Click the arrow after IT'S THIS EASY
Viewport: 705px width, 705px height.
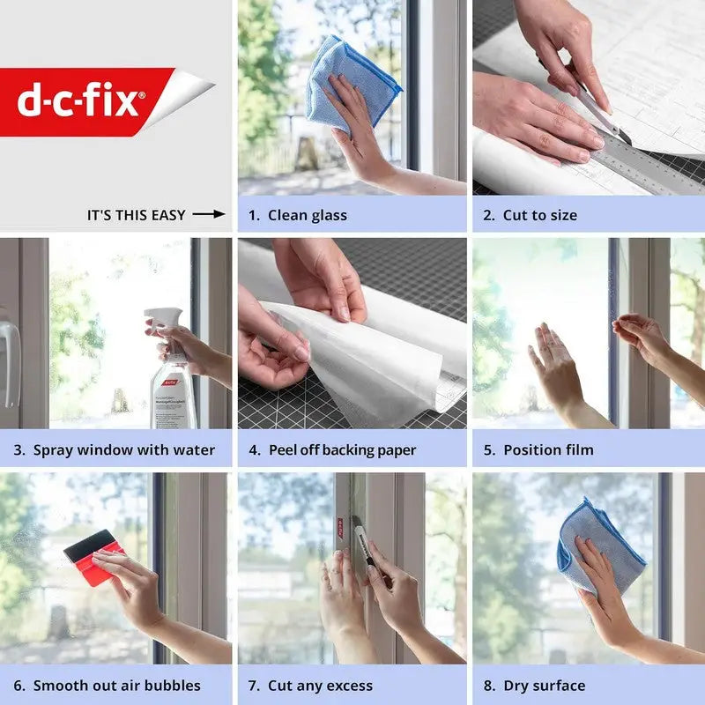tap(209, 214)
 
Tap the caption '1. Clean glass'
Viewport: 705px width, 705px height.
tap(297, 215)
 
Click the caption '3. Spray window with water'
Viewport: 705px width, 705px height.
tap(115, 450)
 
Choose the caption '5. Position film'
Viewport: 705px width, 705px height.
tap(538, 450)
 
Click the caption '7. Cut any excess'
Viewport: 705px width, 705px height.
tap(310, 686)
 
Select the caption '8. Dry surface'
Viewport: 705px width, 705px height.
tap(534, 686)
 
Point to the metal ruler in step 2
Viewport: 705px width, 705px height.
tap(643, 163)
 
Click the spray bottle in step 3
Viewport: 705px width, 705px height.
tap(172, 379)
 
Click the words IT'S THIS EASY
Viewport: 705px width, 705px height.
tap(136, 215)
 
